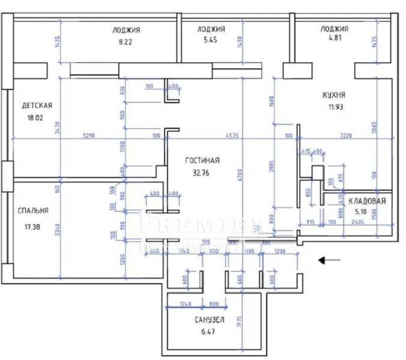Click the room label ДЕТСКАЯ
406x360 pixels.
click(x=37, y=106)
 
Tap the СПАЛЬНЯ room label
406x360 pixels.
click(x=33, y=211)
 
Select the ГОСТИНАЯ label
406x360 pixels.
click(x=202, y=160)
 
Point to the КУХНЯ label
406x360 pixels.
click(x=333, y=95)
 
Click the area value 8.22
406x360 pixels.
click(x=126, y=42)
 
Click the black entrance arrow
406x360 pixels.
click(x=330, y=260)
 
